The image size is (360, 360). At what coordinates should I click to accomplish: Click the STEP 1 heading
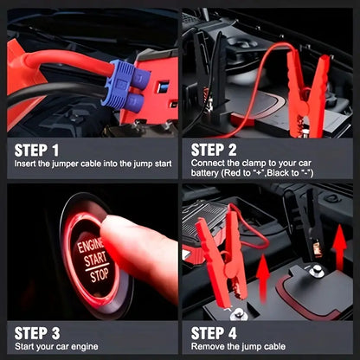(37, 149)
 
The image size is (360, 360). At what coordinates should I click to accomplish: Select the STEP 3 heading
(37, 333)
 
